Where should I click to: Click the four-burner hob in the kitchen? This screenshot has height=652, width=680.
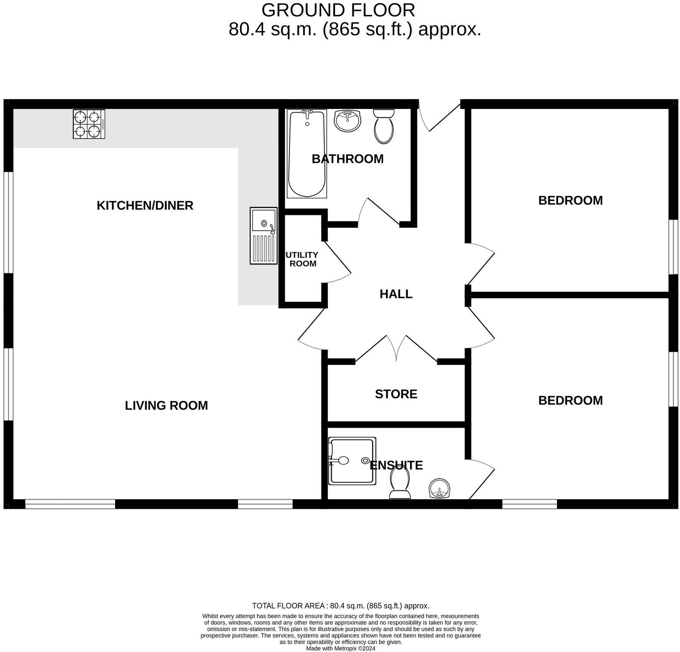[89, 124]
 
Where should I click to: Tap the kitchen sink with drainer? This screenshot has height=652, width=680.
[263, 235]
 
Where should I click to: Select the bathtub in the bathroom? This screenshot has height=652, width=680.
[307, 153]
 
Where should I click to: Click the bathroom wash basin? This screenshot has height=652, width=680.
[347, 121]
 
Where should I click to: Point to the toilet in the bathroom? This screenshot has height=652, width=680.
[383, 126]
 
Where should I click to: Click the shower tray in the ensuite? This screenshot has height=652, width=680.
[352, 461]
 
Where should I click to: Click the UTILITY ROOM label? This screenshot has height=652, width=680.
[302, 259]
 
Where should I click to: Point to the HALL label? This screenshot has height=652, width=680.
[396, 294]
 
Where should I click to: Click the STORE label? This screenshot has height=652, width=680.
[396, 394]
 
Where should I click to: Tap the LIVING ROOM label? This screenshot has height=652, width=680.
[166, 406]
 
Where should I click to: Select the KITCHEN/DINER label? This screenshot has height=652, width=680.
[145, 205]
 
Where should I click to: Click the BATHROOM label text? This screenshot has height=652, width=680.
[347, 159]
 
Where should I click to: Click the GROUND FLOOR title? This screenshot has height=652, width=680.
[338, 10]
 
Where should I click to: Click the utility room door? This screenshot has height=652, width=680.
[338, 261]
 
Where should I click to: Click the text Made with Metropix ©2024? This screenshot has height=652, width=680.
[340, 648]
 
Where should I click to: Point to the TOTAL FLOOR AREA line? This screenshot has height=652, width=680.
[340, 606]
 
